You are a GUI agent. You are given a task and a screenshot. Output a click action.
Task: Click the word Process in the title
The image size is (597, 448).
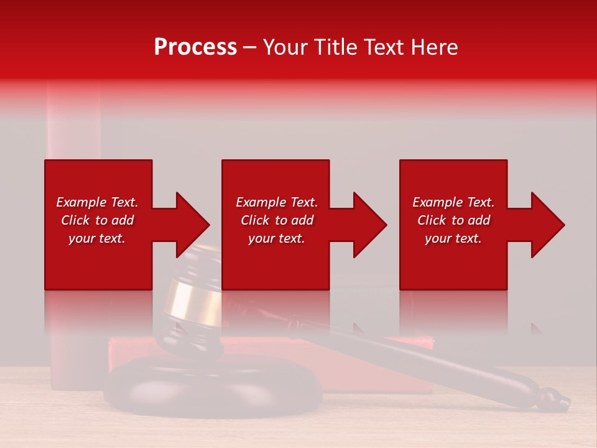click(x=195, y=47)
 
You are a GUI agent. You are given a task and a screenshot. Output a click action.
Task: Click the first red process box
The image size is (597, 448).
click(x=98, y=261)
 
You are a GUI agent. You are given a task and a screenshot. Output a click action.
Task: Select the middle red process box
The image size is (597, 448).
click(x=275, y=261)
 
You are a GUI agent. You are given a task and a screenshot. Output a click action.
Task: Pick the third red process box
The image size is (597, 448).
click(x=453, y=261)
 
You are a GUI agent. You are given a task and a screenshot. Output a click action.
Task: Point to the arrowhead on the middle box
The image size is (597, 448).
click(x=369, y=225)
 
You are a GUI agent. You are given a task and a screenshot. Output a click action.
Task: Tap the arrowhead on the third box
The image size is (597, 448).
click(x=547, y=225)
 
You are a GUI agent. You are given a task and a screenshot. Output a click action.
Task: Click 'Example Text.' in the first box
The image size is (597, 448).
click(x=97, y=202)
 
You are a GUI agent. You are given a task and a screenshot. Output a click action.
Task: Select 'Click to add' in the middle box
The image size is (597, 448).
click(x=277, y=220)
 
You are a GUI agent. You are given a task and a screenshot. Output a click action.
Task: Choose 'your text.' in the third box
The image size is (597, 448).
click(x=453, y=238)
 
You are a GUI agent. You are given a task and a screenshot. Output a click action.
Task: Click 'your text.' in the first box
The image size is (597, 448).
click(x=97, y=238)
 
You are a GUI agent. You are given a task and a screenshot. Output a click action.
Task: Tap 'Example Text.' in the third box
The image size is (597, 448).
click(x=453, y=202)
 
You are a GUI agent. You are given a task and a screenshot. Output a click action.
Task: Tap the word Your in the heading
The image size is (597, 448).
click(x=285, y=47)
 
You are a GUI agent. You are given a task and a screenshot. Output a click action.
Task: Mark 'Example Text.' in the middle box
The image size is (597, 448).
click(x=277, y=202)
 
